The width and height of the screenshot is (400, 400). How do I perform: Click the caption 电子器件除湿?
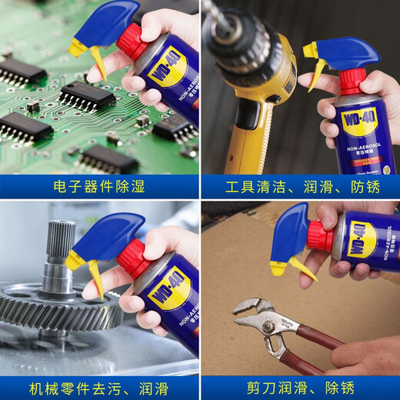pos(99,187)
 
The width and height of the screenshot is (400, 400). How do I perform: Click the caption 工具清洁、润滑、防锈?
pos(300,187)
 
